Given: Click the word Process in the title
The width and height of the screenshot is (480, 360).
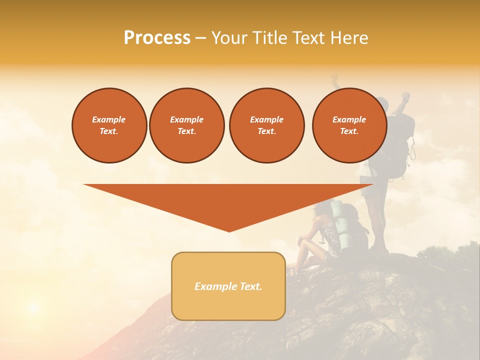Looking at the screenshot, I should pos(157,38).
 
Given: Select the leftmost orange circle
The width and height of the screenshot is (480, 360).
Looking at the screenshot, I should pos(109,125).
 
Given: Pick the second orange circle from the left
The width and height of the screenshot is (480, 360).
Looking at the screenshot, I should pos(187,125).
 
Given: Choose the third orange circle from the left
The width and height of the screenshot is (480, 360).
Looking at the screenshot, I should pos(266,125).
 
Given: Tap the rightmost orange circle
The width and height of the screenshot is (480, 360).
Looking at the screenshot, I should pos(349,125).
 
